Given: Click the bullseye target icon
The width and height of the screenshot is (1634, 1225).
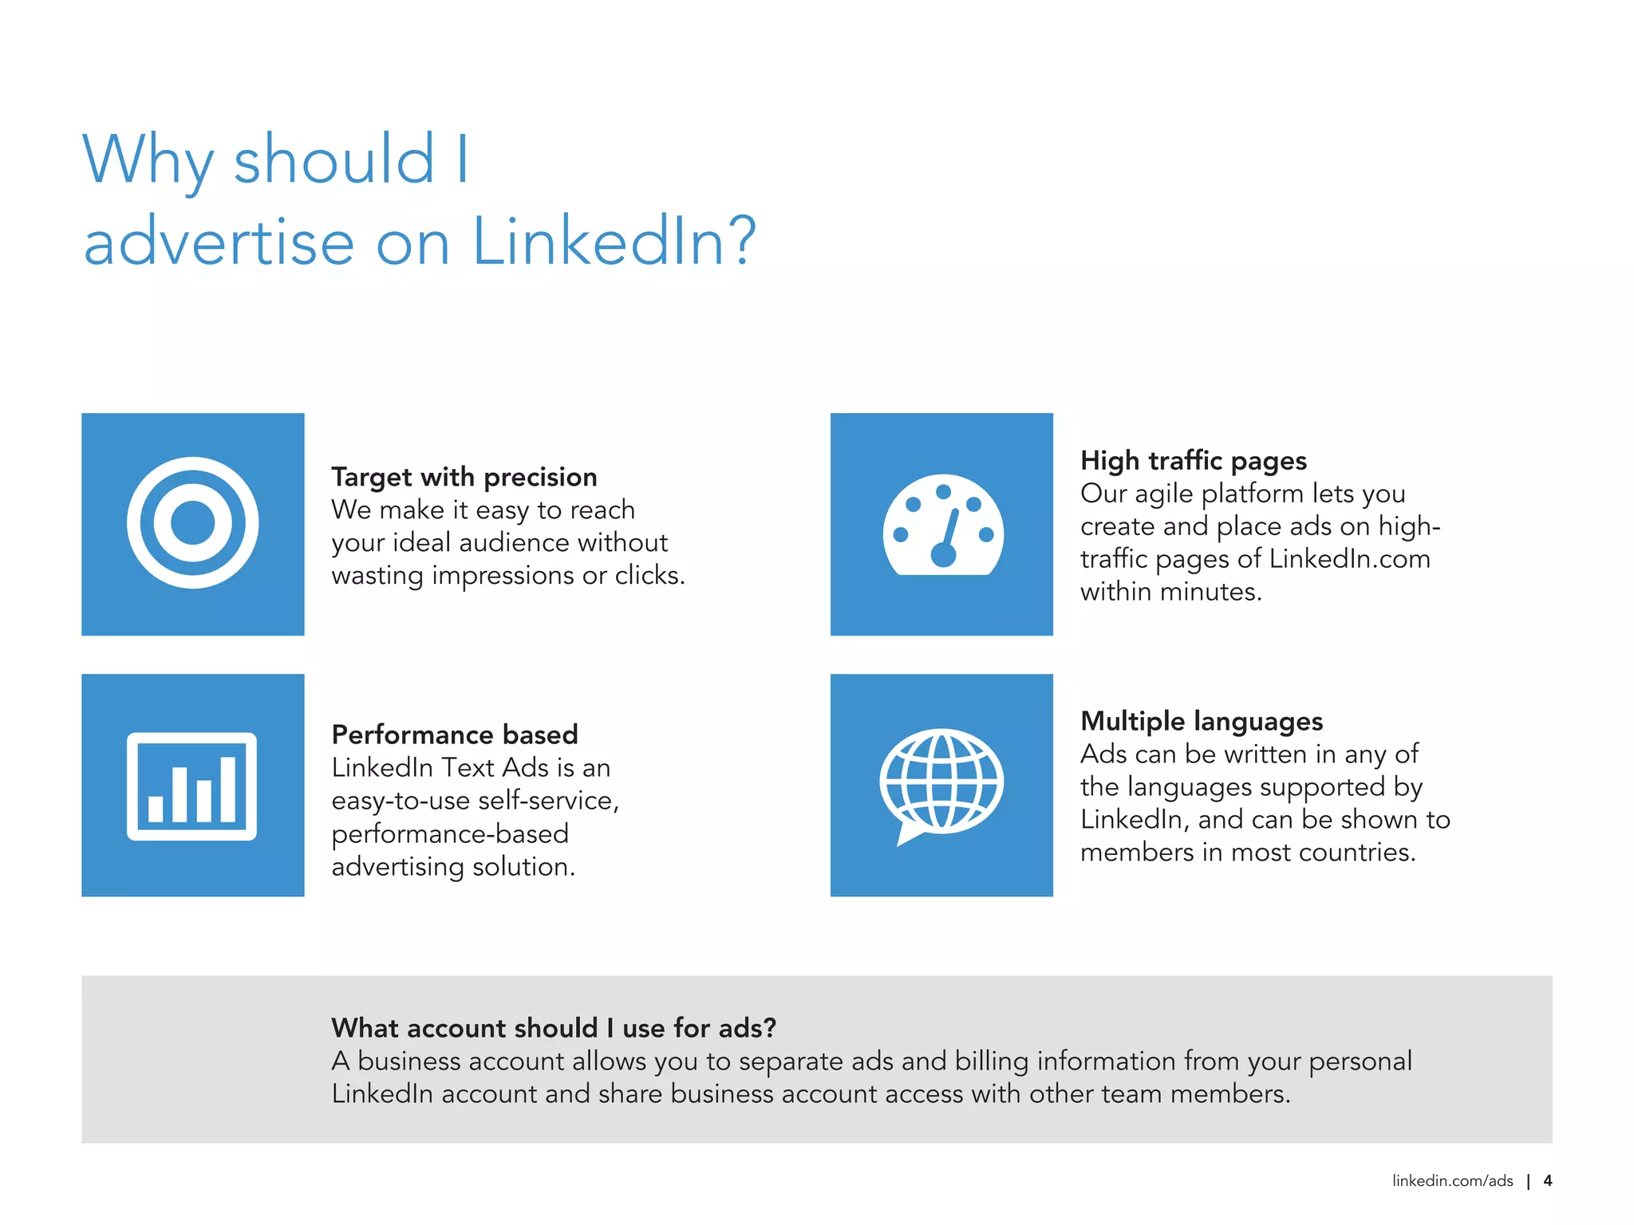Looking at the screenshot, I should pyautogui.click(x=192, y=523).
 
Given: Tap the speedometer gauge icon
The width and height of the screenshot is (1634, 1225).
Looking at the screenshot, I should pyautogui.click(x=942, y=526).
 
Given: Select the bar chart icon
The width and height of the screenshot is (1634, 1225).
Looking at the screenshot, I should pyautogui.click(x=191, y=786).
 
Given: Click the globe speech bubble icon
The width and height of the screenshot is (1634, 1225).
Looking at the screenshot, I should pyautogui.click(x=941, y=785).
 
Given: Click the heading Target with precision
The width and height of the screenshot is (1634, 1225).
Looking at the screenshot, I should pyautogui.click(x=464, y=477).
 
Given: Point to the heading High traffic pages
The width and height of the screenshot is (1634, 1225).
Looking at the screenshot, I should pyautogui.click(x=1193, y=461).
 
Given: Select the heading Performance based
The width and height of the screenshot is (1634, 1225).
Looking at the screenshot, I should pyautogui.click(x=454, y=735).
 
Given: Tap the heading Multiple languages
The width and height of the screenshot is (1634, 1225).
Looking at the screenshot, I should pyautogui.click(x=1201, y=721).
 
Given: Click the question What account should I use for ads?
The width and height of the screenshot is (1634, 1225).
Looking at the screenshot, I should pyautogui.click(x=553, y=1028).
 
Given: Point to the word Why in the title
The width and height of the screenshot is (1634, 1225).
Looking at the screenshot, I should pyautogui.click(x=148, y=160).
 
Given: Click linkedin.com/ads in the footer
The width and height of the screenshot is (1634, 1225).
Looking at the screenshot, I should pyautogui.click(x=1452, y=1181).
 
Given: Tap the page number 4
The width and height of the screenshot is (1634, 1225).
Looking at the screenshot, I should pyautogui.click(x=1547, y=1181).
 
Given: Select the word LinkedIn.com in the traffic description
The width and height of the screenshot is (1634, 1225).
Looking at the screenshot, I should pyautogui.click(x=1349, y=559).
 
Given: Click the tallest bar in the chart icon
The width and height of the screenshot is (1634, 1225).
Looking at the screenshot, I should pyautogui.click(x=227, y=789).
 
